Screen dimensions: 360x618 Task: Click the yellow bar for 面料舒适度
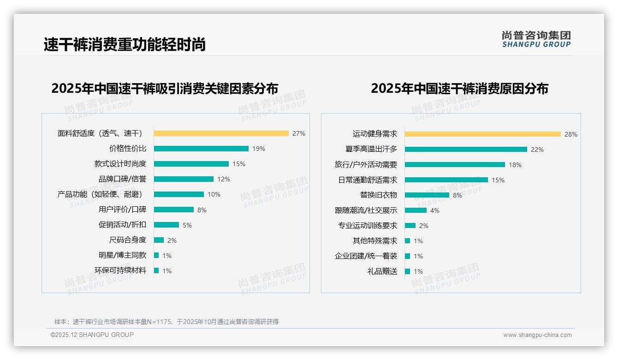[221, 133]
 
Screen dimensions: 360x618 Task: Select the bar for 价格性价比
[201, 149]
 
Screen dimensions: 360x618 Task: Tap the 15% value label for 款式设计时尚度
[239, 164]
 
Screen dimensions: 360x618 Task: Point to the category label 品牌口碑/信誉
[122, 179]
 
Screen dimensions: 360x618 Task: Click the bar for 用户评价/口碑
[174, 210]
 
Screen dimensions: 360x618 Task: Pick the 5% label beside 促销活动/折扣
[187, 225]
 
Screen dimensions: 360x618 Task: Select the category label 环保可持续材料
[120, 270]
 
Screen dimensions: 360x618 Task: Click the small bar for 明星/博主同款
[156, 255]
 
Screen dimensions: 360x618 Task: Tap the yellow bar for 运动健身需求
[482, 134]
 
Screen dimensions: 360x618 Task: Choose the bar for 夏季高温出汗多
[466, 150]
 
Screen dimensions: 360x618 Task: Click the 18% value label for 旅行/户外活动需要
[515, 165]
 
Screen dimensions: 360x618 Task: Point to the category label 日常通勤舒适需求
[368, 180]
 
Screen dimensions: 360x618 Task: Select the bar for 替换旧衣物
[427, 195]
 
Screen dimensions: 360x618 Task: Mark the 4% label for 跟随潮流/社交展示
[434, 210]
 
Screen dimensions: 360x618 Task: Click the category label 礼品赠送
[382, 271]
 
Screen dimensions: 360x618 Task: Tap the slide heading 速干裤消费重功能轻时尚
[125, 44]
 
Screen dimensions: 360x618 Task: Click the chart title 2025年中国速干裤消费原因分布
[459, 88]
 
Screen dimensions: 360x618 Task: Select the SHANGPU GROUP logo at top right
[536, 39]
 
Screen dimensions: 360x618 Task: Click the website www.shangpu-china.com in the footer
[537, 335]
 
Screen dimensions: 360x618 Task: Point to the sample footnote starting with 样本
[166, 322]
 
